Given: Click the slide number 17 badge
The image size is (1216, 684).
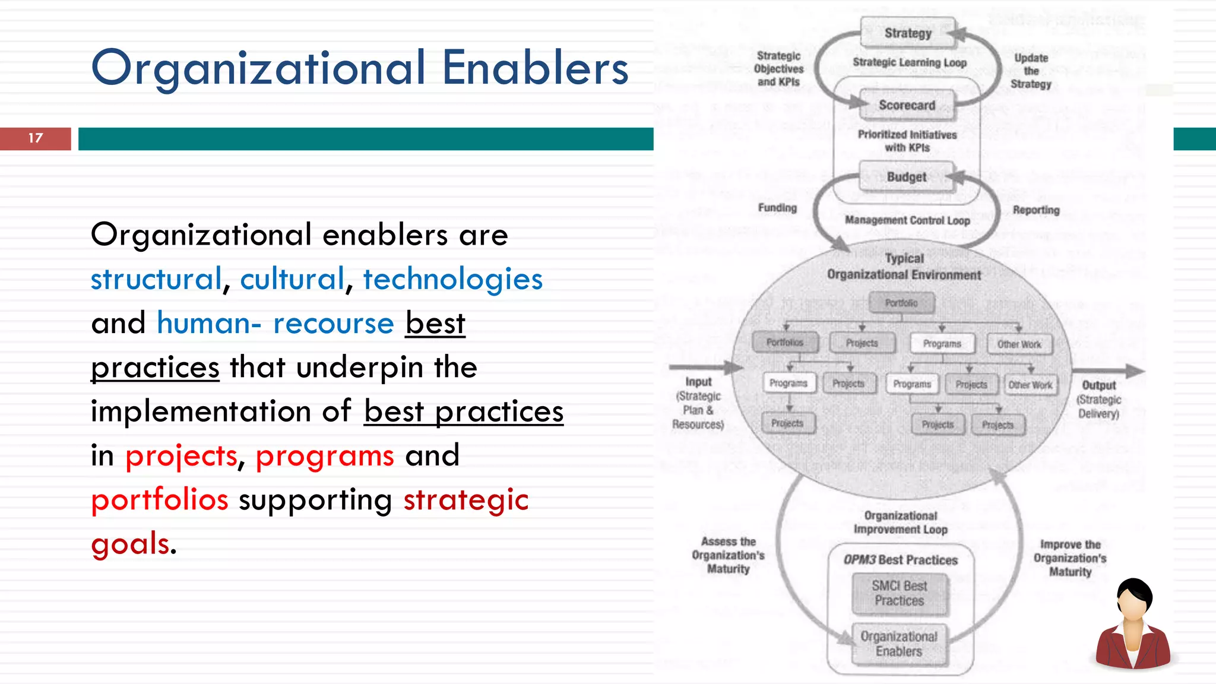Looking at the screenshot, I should tap(36, 138).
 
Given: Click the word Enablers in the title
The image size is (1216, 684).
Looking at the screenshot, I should tap(535, 68).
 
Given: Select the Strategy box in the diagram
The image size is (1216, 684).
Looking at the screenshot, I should tap(907, 33).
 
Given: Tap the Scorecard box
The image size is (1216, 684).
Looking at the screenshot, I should tap(907, 105).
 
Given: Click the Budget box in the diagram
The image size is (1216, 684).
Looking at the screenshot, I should tap(906, 177).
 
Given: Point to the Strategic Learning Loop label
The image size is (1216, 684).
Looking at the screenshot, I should tap(910, 62).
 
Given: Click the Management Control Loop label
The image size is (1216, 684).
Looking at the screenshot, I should tap(907, 220).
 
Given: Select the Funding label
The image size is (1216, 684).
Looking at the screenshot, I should tap(777, 208).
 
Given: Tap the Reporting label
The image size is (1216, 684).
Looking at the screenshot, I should tap(1036, 210).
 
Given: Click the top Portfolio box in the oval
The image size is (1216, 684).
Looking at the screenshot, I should tap(901, 303).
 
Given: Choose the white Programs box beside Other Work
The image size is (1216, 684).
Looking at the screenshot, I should tap(942, 344).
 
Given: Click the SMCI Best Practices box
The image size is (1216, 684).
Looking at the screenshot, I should tap(900, 593).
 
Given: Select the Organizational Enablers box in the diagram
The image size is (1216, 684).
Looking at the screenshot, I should tap(899, 644).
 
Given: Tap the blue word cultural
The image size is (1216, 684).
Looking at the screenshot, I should tap(292, 279).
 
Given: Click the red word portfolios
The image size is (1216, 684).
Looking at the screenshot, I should tap(159, 500).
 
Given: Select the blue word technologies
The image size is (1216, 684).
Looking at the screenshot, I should tap(452, 279).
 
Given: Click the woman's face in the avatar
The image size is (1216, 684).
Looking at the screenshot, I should tap(1133, 606).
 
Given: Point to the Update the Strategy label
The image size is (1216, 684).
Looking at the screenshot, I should tap(1031, 71).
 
